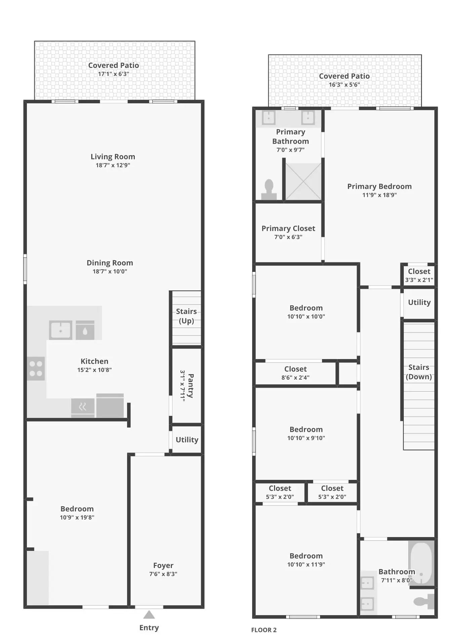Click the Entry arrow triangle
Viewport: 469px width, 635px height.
click(x=149, y=615)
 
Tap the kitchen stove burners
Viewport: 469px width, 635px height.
click(x=36, y=368)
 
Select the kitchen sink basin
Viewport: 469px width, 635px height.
click(x=61, y=330)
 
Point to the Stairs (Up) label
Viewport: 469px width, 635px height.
click(x=186, y=316)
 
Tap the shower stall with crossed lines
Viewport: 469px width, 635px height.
click(x=303, y=181)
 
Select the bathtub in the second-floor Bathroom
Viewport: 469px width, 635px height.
click(x=421, y=563)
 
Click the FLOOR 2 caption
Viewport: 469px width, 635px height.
click(x=264, y=630)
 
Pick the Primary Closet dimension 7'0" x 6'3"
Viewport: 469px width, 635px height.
click(x=288, y=237)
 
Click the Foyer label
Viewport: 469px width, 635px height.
click(x=163, y=565)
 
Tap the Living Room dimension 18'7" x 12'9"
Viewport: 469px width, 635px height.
click(x=113, y=165)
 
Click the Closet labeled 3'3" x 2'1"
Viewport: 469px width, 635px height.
click(x=419, y=275)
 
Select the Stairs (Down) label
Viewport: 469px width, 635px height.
click(x=419, y=372)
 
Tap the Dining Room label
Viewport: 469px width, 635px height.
click(x=110, y=263)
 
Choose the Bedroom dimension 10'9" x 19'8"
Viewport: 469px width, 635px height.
click(x=77, y=518)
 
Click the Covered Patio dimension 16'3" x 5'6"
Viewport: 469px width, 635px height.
click(x=344, y=85)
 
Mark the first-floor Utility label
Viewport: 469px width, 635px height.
click(x=187, y=439)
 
